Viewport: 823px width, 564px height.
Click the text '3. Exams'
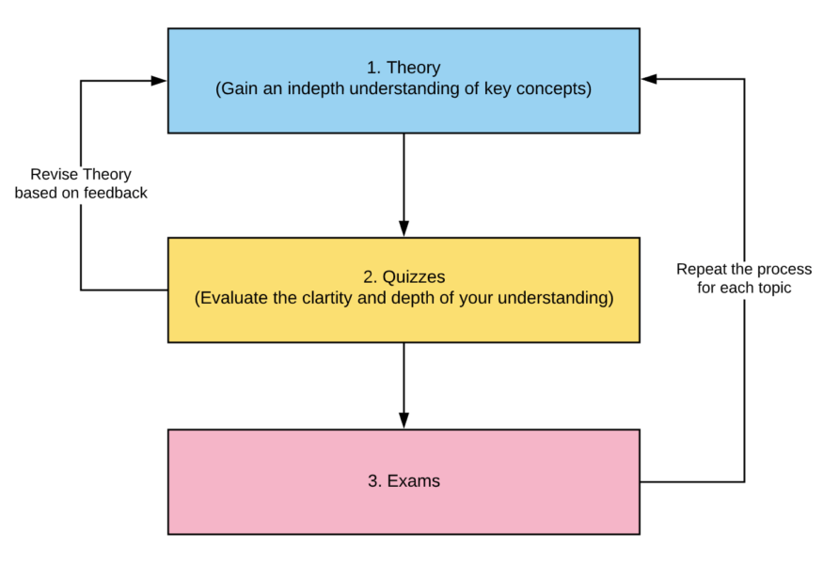[404, 481]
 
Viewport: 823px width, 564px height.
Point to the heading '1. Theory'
[404, 69]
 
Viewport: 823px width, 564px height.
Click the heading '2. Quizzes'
[404, 278]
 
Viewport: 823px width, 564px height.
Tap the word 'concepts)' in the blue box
[558, 89]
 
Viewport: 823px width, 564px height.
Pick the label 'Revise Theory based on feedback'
[81, 183]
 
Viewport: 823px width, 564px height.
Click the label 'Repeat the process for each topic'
[744, 279]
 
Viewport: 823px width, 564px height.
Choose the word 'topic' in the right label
[772, 289]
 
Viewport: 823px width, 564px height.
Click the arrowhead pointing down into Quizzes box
[404, 228]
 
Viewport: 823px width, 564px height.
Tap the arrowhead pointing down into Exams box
[404, 420]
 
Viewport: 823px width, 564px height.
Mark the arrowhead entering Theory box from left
[160, 81]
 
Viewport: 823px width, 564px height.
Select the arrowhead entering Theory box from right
[649, 80]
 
